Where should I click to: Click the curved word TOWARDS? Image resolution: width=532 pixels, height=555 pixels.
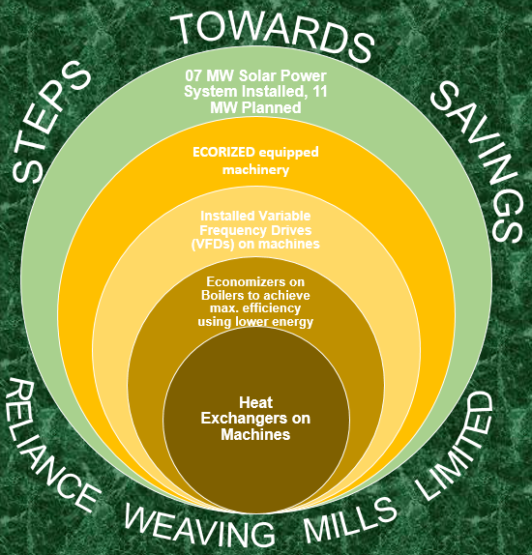272,37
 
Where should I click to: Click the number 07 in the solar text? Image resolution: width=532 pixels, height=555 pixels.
193,75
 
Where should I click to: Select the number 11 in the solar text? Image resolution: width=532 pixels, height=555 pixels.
319,92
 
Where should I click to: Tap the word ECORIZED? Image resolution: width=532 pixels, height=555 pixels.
223,152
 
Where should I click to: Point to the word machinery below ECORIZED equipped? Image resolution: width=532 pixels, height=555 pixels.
255,170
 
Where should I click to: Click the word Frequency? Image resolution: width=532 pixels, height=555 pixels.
232,230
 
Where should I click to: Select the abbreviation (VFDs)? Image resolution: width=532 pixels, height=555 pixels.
213,245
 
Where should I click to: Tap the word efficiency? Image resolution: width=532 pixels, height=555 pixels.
272,308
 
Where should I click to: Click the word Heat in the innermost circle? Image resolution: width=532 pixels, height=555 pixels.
255,403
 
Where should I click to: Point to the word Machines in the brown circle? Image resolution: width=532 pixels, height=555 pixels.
255,435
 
